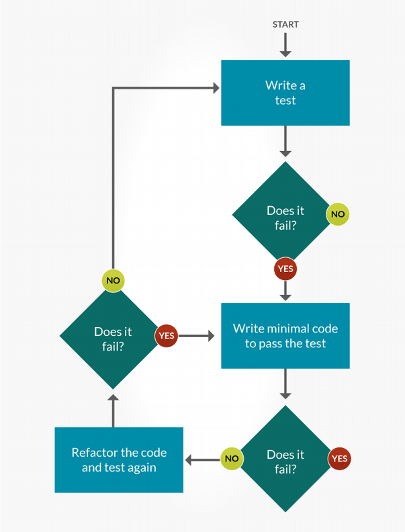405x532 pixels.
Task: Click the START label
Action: (x=285, y=24)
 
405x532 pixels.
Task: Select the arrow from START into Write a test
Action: (x=285, y=45)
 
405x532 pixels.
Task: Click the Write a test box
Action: (x=285, y=93)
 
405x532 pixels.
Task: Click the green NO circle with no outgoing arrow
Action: (x=337, y=214)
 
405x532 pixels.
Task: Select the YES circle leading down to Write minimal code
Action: (x=285, y=269)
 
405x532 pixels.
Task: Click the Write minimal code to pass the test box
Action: (x=285, y=336)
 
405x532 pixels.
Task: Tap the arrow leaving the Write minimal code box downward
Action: (x=285, y=384)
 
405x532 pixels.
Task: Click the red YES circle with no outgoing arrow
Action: (x=339, y=459)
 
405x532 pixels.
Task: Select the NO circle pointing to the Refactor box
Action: (x=232, y=459)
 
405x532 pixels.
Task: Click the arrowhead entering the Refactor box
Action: (x=190, y=459)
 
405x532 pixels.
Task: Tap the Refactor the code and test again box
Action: (x=119, y=460)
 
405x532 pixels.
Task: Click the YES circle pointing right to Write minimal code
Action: (x=166, y=335)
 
